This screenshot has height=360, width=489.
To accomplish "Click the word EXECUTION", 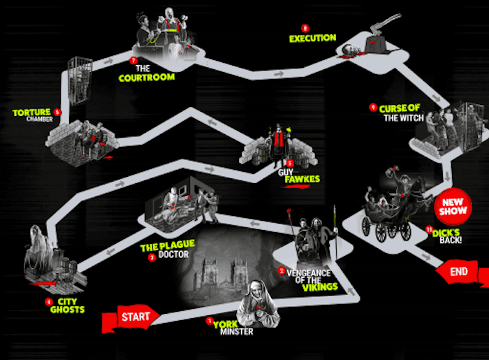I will (x=313, y=38).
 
